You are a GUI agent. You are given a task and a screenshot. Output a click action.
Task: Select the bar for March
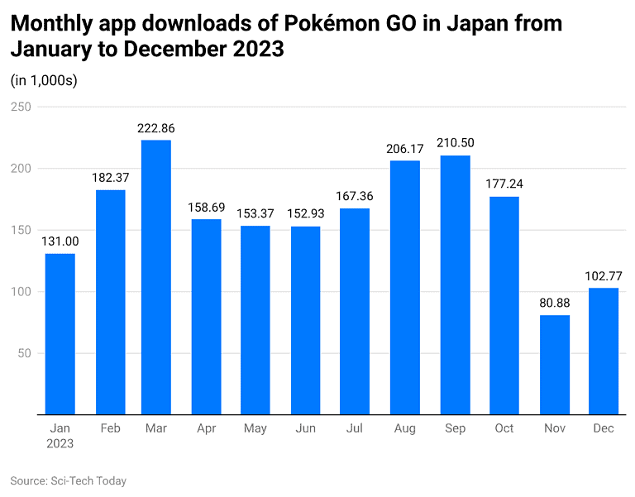coord(156,277)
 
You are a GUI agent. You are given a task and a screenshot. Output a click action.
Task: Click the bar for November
coord(554,365)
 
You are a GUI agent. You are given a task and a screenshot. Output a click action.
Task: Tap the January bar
coord(60,334)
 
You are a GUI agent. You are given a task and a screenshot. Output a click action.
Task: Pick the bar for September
coord(455,284)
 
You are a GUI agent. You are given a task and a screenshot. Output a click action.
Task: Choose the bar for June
coord(305,320)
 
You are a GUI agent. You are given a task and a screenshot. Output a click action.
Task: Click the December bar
coord(604,351)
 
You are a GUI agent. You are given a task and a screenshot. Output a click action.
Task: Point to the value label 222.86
coord(156,128)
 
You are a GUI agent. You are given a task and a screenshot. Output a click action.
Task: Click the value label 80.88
coord(554,303)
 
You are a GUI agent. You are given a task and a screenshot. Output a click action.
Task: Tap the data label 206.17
coord(404,149)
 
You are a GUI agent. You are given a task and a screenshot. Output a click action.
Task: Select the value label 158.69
coord(206,208)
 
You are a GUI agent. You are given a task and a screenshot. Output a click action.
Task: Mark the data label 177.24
coord(504,184)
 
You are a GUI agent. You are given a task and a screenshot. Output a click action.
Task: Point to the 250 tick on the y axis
coord(21,107)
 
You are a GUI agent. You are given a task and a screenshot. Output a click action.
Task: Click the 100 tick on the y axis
coord(21,292)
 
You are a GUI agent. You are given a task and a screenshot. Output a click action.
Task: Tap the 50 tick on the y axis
coord(25,353)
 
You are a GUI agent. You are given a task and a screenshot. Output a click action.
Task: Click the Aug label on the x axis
coord(404,428)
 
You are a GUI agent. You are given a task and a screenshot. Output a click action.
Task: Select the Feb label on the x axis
coord(110,428)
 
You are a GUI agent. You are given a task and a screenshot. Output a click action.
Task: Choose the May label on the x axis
coord(255,428)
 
